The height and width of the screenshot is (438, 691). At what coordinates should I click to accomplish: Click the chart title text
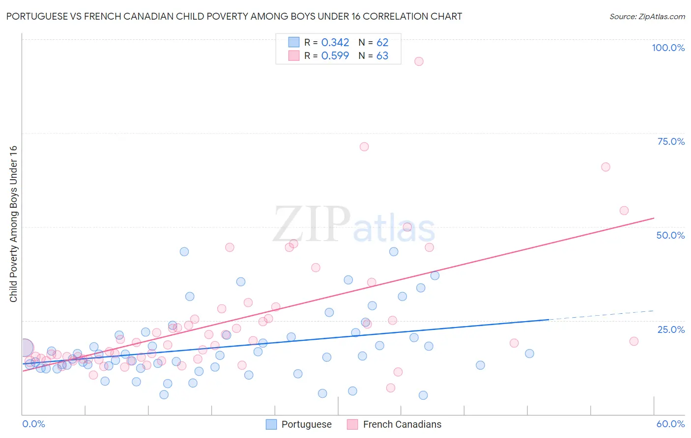click(234, 16)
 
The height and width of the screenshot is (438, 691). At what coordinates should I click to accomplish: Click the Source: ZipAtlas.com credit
click(647, 16)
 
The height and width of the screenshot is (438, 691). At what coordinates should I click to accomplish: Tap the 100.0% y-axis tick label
click(668, 48)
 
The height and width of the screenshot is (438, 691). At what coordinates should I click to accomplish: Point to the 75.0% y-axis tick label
click(670, 141)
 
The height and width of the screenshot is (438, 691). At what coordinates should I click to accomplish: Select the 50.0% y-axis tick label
click(670, 235)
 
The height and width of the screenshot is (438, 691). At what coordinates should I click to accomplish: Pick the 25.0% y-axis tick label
click(670, 329)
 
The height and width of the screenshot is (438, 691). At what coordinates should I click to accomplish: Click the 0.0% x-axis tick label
click(33, 424)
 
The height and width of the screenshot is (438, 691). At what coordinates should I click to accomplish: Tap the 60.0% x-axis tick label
click(670, 424)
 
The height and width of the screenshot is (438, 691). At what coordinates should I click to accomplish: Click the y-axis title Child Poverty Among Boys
click(13, 224)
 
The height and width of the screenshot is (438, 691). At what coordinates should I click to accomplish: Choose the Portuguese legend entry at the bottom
click(299, 424)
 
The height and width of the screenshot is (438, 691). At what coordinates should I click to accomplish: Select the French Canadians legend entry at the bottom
click(394, 424)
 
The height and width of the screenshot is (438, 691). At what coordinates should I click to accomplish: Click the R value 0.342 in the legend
click(335, 43)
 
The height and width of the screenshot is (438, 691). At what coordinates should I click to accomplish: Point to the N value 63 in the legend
click(382, 56)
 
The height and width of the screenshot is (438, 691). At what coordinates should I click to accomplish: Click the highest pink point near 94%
click(419, 61)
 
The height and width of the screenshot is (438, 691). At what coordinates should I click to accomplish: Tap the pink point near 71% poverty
click(364, 147)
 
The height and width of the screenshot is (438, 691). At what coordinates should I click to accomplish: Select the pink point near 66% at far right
click(605, 167)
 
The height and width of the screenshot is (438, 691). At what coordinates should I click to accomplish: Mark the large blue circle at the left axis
click(24, 347)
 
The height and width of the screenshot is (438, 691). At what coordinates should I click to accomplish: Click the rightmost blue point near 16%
click(529, 354)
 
